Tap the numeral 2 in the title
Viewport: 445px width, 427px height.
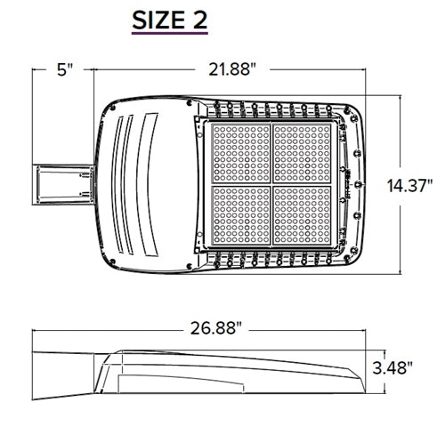coord(198,20)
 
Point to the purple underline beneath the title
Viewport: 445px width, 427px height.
coord(170,36)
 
